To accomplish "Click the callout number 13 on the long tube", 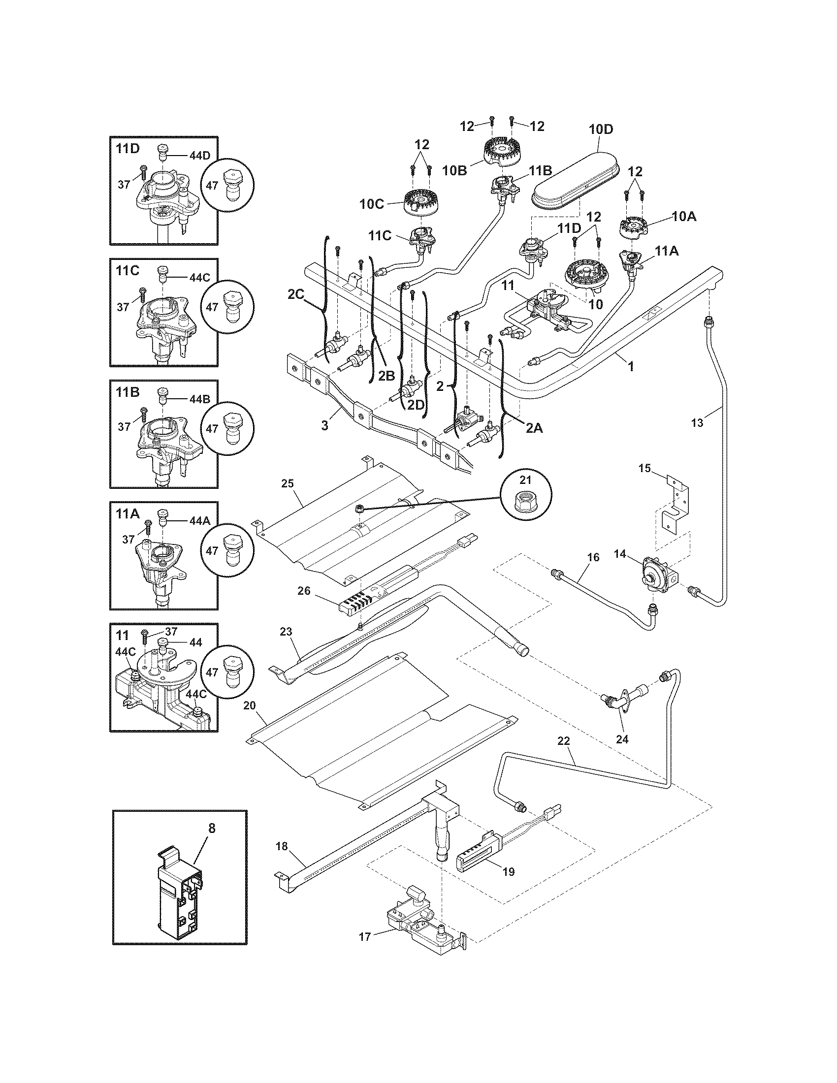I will (x=697, y=422).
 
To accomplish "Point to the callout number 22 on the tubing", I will (x=564, y=755).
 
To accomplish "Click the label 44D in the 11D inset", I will (x=199, y=155).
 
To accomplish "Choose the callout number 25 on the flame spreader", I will (x=288, y=483).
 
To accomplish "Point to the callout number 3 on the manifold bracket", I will (x=325, y=426).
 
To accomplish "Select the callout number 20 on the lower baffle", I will (x=250, y=705).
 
